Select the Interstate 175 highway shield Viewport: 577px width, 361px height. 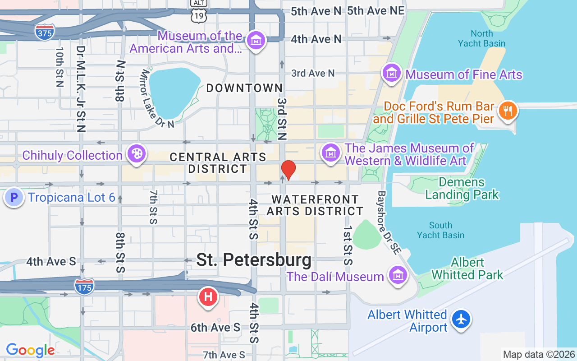click(x=85, y=287)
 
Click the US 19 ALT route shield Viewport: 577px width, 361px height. click(x=199, y=13)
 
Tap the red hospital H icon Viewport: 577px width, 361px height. click(x=208, y=297)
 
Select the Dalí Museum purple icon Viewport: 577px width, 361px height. click(x=398, y=274)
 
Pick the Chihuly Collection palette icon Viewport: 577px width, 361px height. click(x=136, y=154)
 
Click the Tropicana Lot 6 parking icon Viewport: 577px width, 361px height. click(x=14, y=197)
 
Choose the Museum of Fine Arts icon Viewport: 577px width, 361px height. click(x=392, y=72)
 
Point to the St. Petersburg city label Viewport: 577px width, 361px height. click(x=254, y=260)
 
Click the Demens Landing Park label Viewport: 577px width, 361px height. click(x=462, y=189)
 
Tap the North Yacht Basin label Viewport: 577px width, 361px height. click(x=481, y=38)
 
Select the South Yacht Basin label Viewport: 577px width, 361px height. click(x=440, y=230)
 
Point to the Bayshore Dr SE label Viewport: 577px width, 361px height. click(x=389, y=222)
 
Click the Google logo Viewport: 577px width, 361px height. click(x=30, y=350)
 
